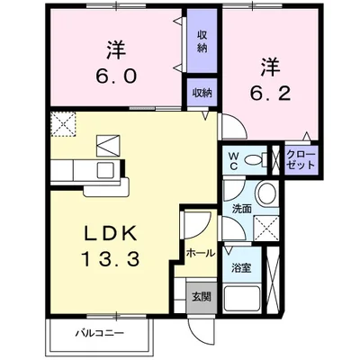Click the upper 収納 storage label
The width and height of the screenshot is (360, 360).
click(203, 41)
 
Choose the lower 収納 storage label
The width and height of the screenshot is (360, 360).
click(202, 93)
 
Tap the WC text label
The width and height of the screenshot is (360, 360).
click(232, 159)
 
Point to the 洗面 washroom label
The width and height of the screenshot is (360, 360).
click(242, 209)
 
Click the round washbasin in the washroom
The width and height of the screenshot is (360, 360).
click(265, 193)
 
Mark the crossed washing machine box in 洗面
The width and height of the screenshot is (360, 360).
click(265, 226)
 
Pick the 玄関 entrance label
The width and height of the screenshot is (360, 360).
click(201, 296)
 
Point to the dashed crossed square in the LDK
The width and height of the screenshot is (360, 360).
click(63, 122)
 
